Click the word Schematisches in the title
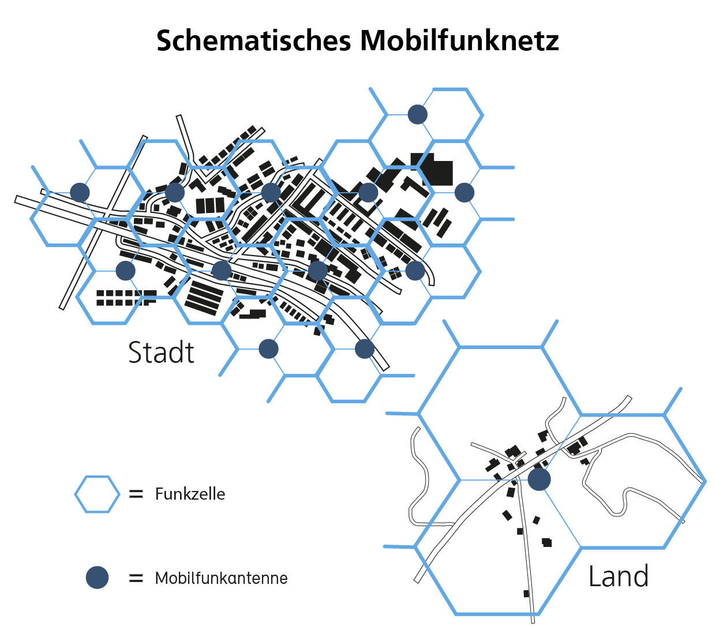point(253,40)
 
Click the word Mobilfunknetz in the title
point(459,40)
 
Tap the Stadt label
point(161,353)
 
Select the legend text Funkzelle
point(190,494)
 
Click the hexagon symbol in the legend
point(98,494)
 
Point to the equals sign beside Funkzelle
point(136,494)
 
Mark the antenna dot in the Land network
point(539,479)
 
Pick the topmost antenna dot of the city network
point(418,114)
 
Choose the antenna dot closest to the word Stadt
point(268,349)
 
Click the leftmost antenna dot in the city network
point(80,193)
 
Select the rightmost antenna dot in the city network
point(464,193)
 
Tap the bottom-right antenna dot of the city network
point(365,349)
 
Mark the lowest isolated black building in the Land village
point(526,594)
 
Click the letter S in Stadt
point(136,353)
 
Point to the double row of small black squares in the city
point(126,298)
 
